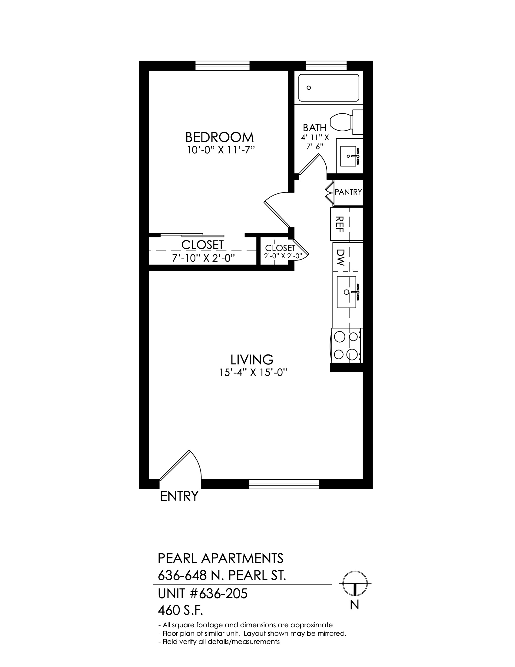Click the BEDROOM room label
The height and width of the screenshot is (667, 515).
point(219,137)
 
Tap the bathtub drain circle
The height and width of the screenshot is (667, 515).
point(309,88)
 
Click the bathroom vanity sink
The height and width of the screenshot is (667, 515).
point(350,156)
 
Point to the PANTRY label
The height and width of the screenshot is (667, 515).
point(348,192)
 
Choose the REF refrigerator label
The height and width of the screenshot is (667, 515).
point(340,224)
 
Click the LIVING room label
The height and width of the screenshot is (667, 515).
point(252,360)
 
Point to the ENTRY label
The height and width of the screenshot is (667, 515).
point(179,496)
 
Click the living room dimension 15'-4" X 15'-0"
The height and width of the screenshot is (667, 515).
point(254,373)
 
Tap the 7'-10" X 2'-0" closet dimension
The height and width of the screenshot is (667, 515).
point(204,258)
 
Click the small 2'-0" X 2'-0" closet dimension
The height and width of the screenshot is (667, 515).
point(283,256)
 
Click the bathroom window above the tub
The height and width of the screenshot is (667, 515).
point(326,66)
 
